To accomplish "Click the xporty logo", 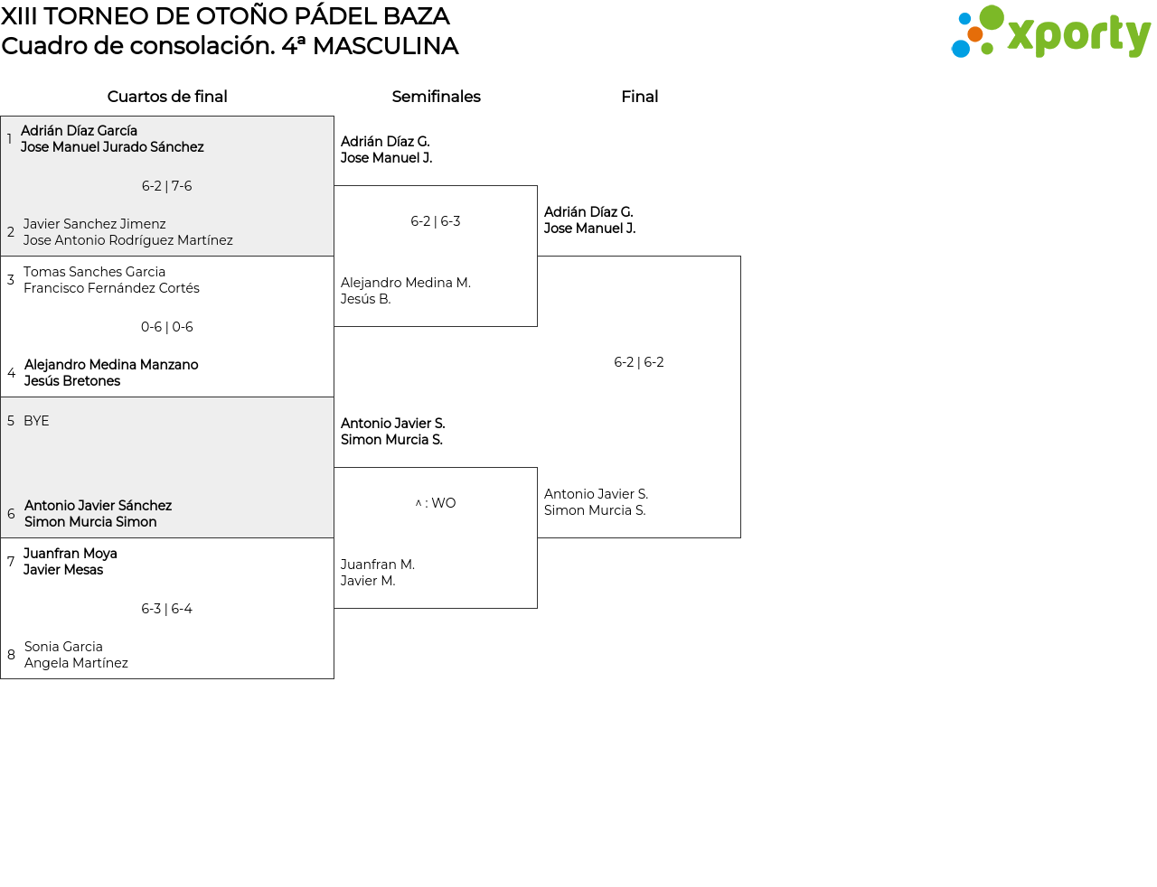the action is (x=1050, y=32).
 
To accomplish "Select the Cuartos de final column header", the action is (x=167, y=97).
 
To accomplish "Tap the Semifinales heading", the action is (x=436, y=97).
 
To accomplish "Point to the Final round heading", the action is (x=639, y=97).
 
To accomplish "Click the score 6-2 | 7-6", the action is (x=166, y=186).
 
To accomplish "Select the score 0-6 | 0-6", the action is (x=166, y=327).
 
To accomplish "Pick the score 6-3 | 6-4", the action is (x=166, y=608).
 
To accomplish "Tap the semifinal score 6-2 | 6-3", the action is (x=436, y=220).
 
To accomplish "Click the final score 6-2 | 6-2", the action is (x=639, y=362).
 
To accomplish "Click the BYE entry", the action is (x=36, y=420).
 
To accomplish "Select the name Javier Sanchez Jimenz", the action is (x=94, y=223).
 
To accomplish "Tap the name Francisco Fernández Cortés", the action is (x=111, y=288).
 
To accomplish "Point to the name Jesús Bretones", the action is (x=72, y=380).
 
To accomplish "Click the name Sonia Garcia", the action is (x=63, y=646).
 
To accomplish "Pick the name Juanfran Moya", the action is (x=71, y=554).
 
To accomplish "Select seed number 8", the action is (x=11, y=655).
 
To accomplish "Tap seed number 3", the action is (x=11, y=280).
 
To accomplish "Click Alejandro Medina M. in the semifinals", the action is (x=406, y=282).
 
